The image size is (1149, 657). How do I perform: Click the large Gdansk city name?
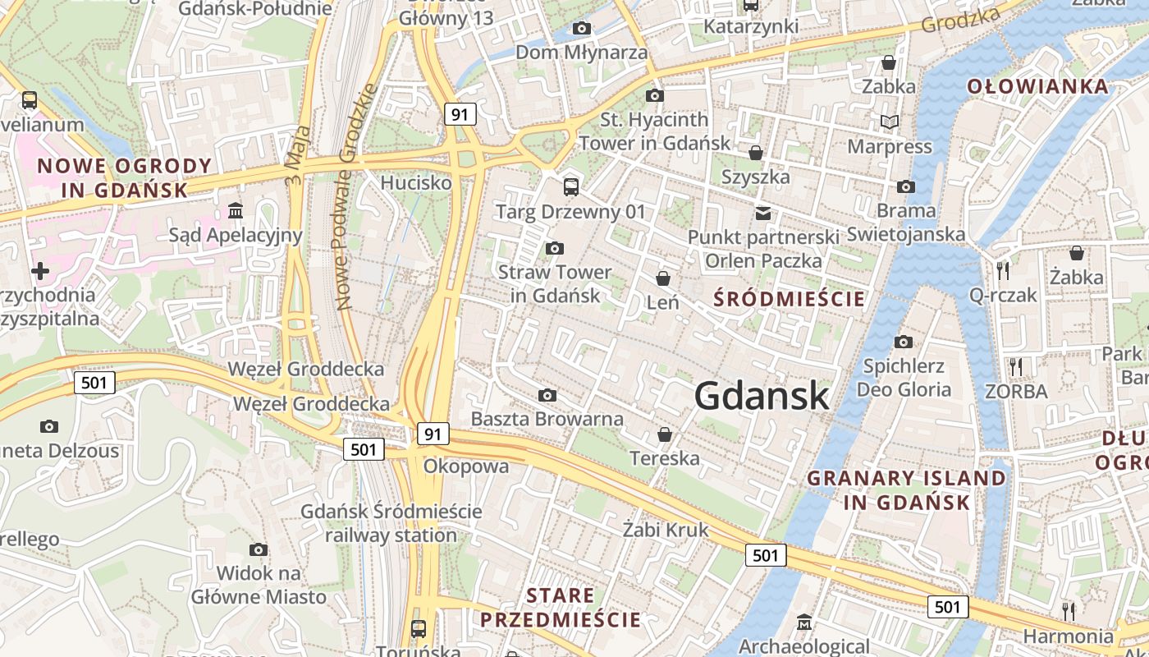pyautogui.click(x=762, y=396)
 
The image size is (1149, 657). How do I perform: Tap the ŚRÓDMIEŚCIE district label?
pyautogui.click(x=790, y=298)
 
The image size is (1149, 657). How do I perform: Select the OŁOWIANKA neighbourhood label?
pyautogui.click(x=1037, y=86)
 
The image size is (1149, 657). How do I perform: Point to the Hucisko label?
pyautogui.click(x=416, y=182)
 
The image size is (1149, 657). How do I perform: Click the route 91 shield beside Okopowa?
pyautogui.click(x=433, y=433)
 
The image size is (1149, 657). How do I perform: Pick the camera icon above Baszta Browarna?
pyautogui.click(x=547, y=396)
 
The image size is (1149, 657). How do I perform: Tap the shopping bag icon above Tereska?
pyautogui.click(x=665, y=434)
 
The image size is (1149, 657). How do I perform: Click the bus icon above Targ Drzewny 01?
pyautogui.click(x=570, y=186)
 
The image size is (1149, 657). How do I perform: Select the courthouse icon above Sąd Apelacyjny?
pyautogui.click(x=236, y=211)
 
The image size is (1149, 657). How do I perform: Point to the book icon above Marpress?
pyautogui.click(x=890, y=122)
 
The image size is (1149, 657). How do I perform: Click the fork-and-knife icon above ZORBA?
pyautogui.click(x=1016, y=366)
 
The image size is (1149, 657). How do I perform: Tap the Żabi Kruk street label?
pyautogui.click(x=666, y=530)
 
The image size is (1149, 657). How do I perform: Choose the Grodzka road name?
pyautogui.click(x=962, y=20)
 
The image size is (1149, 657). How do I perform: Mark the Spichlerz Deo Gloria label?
pyautogui.click(x=904, y=378)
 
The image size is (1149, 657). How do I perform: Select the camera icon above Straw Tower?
pyautogui.click(x=555, y=248)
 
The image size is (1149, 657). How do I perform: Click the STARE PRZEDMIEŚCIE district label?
pyautogui.click(x=561, y=608)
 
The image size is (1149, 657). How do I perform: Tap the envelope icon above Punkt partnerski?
pyautogui.click(x=763, y=214)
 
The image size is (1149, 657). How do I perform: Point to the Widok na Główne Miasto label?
pyautogui.click(x=259, y=585)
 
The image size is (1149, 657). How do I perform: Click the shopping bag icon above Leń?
pyautogui.click(x=663, y=279)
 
